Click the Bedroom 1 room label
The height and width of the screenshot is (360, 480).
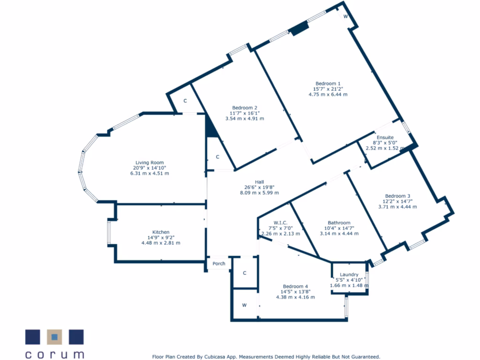coord(328,83)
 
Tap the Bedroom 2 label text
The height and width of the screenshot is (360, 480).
coord(244,107)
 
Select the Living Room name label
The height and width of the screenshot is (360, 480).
coord(150,163)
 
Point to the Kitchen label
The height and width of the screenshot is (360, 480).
coord(161,232)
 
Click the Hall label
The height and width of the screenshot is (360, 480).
coord(259,182)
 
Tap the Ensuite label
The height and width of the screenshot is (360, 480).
coord(385,137)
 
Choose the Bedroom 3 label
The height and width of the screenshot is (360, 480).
coord(397,196)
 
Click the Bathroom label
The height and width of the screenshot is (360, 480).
coord(339,223)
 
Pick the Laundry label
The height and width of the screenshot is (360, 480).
coord(349,275)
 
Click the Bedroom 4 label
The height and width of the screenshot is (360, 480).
coord(295,286)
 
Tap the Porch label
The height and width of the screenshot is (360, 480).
coord(219,263)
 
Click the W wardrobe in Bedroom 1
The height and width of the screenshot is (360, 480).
coord(345,16)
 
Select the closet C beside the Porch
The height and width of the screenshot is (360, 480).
coord(245,273)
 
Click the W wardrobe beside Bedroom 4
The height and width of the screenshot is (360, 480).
coord(244,305)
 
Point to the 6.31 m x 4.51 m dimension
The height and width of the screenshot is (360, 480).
coord(150,173)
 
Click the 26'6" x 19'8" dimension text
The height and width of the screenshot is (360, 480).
coord(259,187)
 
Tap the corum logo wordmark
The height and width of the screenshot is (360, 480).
coord(54,354)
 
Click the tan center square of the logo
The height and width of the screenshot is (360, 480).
coord(55,337)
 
